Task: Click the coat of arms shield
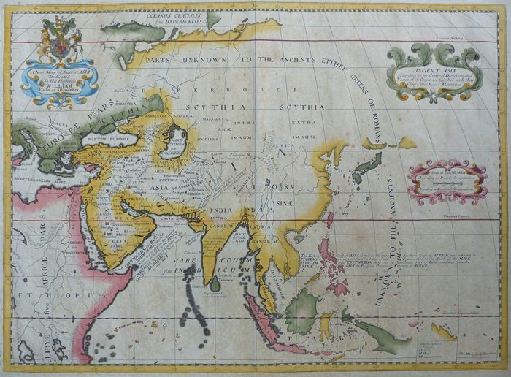(x=58, y=46)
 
